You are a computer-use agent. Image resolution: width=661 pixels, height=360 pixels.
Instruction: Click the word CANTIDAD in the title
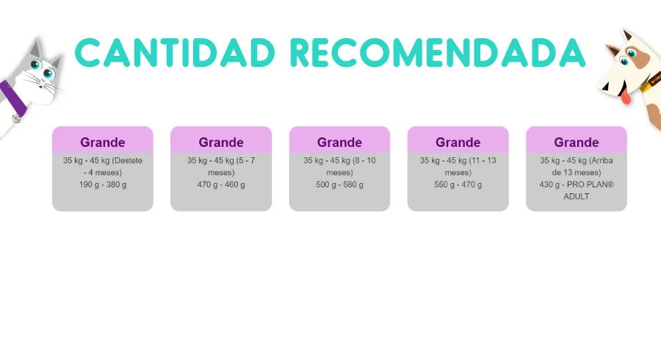point(175,53)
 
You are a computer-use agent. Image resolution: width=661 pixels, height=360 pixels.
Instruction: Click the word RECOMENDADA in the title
point(438,53)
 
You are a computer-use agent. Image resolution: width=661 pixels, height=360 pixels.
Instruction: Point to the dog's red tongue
point(625,96)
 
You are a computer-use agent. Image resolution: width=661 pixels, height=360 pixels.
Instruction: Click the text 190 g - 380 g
point(103,184)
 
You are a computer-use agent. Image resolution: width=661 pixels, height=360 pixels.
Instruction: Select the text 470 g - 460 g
point(221,184)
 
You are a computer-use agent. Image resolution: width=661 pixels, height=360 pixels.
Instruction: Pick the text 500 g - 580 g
point(339,184)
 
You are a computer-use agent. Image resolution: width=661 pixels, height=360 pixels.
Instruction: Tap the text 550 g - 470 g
point(458,184)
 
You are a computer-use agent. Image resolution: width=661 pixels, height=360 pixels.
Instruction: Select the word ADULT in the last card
point(577,196)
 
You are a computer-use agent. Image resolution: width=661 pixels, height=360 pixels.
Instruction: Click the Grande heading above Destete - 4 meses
point(103,143)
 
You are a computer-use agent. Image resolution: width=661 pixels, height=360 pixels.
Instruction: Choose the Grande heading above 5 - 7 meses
point(221,143)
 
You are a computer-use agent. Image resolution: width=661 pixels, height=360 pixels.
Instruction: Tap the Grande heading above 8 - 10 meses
point(339,143)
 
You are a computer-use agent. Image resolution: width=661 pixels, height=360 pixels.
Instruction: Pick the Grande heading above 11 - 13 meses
point(458,143)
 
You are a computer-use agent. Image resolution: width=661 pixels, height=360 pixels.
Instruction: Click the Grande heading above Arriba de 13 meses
point(577,143)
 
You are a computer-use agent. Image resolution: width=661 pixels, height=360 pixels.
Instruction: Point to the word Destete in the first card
point(127,160)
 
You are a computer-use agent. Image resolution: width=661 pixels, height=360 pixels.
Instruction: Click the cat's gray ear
point(36,49)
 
